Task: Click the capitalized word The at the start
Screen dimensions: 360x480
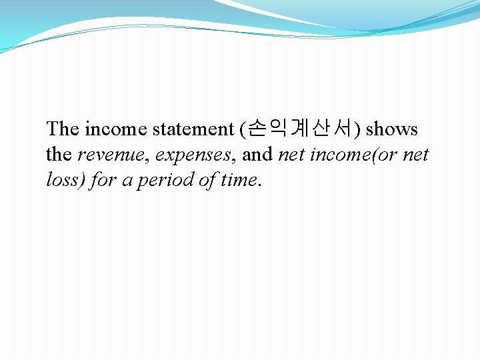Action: click(63, 129)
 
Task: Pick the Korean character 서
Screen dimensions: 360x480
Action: click(347, 128)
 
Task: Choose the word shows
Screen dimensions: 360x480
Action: click(392, 129)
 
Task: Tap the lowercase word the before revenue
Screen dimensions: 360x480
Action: click(59, 155)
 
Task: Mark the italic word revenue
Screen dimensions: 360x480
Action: click(113, 155)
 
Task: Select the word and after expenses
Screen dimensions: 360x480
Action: click(257, 155)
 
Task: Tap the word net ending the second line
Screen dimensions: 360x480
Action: click(415, 155)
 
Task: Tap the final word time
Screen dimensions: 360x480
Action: click(239, 180)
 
